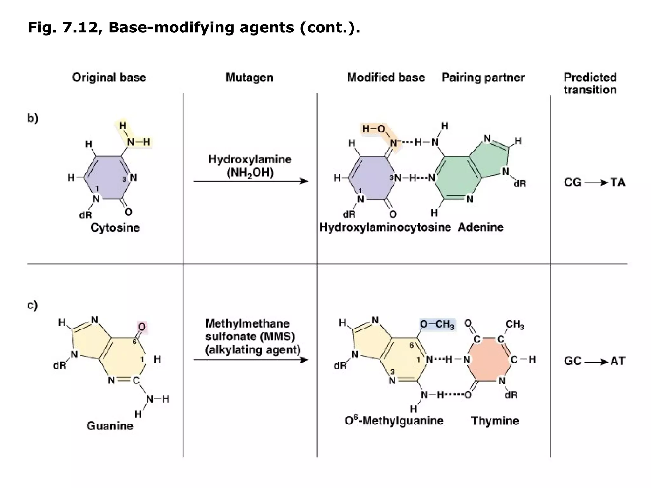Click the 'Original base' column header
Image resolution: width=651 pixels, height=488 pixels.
tap(109, 77)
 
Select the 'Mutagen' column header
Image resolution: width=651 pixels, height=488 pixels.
tap(249, 77)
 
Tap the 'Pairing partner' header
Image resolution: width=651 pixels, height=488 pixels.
tap(483, 77)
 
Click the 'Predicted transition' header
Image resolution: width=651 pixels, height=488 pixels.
tap(590, 84)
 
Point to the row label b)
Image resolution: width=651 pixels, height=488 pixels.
tap(32, 118)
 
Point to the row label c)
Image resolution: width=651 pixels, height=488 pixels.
tap(32, 305)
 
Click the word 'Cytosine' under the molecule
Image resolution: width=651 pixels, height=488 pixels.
tap(115, 227)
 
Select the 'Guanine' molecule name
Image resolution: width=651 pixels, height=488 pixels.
tap(110, 426)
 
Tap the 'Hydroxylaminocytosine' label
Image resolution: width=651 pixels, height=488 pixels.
tap(385, 227)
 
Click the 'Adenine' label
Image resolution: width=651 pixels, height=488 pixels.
tap(481, 227)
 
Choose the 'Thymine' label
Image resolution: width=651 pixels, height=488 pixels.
tap(495, 421)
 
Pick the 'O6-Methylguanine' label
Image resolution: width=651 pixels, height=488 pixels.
tap(394, 421)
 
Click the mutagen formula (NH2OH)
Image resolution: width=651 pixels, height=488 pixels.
tap(250, 173)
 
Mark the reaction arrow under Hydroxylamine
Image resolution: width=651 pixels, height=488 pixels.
tap(250, 181)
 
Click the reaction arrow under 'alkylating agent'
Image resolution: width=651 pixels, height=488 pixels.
tap(250, 360)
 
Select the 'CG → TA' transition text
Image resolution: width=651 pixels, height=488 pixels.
tap(594, 182)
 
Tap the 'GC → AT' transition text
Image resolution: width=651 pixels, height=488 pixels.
tap(594, 361)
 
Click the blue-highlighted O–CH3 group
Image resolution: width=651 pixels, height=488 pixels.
tap(437, 324)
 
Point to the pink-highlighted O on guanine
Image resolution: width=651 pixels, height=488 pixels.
tap(142, 327)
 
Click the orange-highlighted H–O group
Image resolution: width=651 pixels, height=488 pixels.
tap(374, 129)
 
